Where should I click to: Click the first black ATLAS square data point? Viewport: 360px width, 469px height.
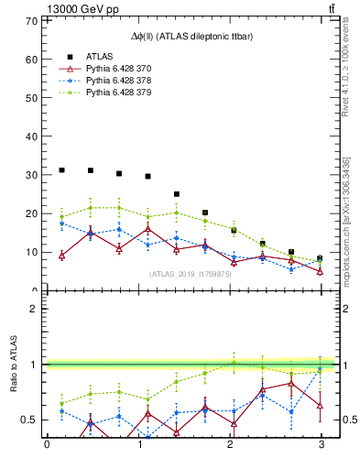[x=61, y=170]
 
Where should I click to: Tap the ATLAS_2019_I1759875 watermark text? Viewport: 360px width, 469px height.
[x=191, y=274]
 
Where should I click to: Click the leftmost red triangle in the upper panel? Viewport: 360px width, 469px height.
[x=61, y=256]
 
